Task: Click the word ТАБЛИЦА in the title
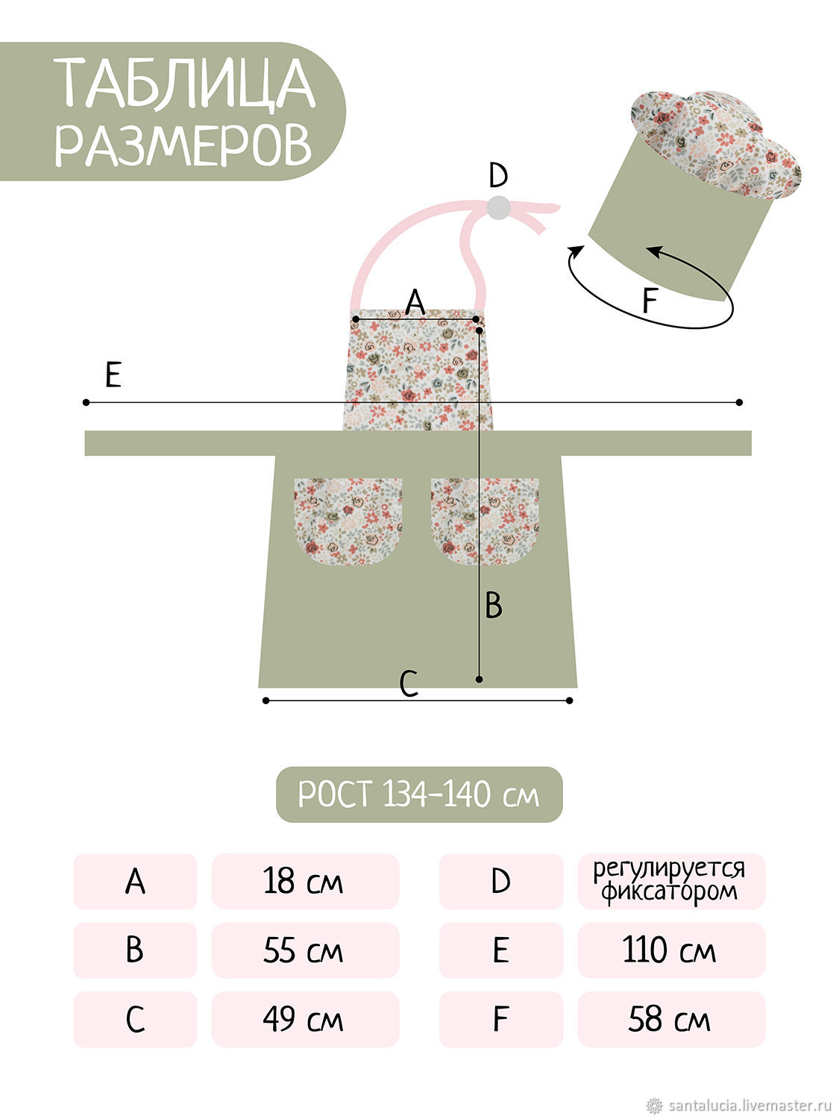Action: (x=185, y=83)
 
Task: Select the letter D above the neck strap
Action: (x=497, y=175)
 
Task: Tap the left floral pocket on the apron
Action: (x=348, y=521)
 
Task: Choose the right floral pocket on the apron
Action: (x=485, y=521)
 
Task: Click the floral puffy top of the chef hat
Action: (x=716, y=142)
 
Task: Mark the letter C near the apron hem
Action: (x=409, y=684)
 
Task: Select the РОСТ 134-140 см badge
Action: (x=418, y=794)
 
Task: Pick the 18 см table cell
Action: (x=305, y=881)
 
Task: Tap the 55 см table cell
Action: (x=305, y=950)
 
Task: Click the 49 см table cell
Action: (x=305, y=1018)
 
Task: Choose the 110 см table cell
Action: (x=671, y=950)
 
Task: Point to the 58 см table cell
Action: (x=671, y=1018)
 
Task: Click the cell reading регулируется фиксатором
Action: (x=671, y=881)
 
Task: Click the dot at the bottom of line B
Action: (x=479, y=679)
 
